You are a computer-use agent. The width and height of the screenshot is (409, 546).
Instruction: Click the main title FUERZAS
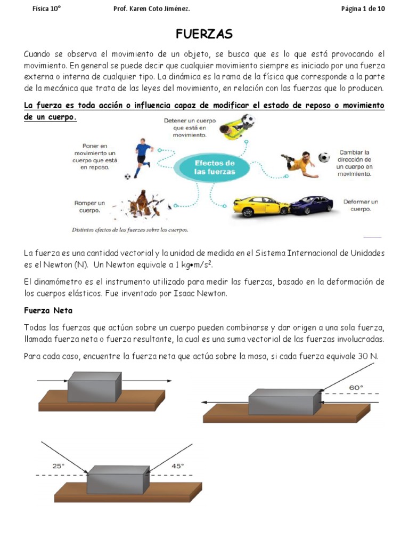point(204,34)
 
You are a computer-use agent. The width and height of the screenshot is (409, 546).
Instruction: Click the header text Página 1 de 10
point(362,9)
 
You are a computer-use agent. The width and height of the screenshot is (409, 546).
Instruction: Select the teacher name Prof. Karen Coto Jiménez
point(152,9)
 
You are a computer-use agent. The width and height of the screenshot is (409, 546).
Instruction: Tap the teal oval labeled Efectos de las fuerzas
point(214,167)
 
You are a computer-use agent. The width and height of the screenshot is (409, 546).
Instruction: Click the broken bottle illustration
point(142,204)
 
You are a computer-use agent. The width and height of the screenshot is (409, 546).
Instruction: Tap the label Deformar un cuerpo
point(361,205)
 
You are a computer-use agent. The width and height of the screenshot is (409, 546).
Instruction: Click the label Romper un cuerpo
point(89,206)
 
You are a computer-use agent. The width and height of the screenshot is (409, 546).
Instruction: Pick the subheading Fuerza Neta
point(48,310)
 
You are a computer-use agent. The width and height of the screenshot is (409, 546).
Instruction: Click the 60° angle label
point(356,387)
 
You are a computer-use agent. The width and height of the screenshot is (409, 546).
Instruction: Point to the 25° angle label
point(58,465)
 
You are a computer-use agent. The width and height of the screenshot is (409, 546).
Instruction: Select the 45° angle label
point(177,465)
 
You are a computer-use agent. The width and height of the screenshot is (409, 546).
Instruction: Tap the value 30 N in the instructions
point(368,356)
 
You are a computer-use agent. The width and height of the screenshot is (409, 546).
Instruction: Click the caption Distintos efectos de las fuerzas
point(130,230)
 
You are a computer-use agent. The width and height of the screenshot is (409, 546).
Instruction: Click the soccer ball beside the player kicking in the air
point(324,157)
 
